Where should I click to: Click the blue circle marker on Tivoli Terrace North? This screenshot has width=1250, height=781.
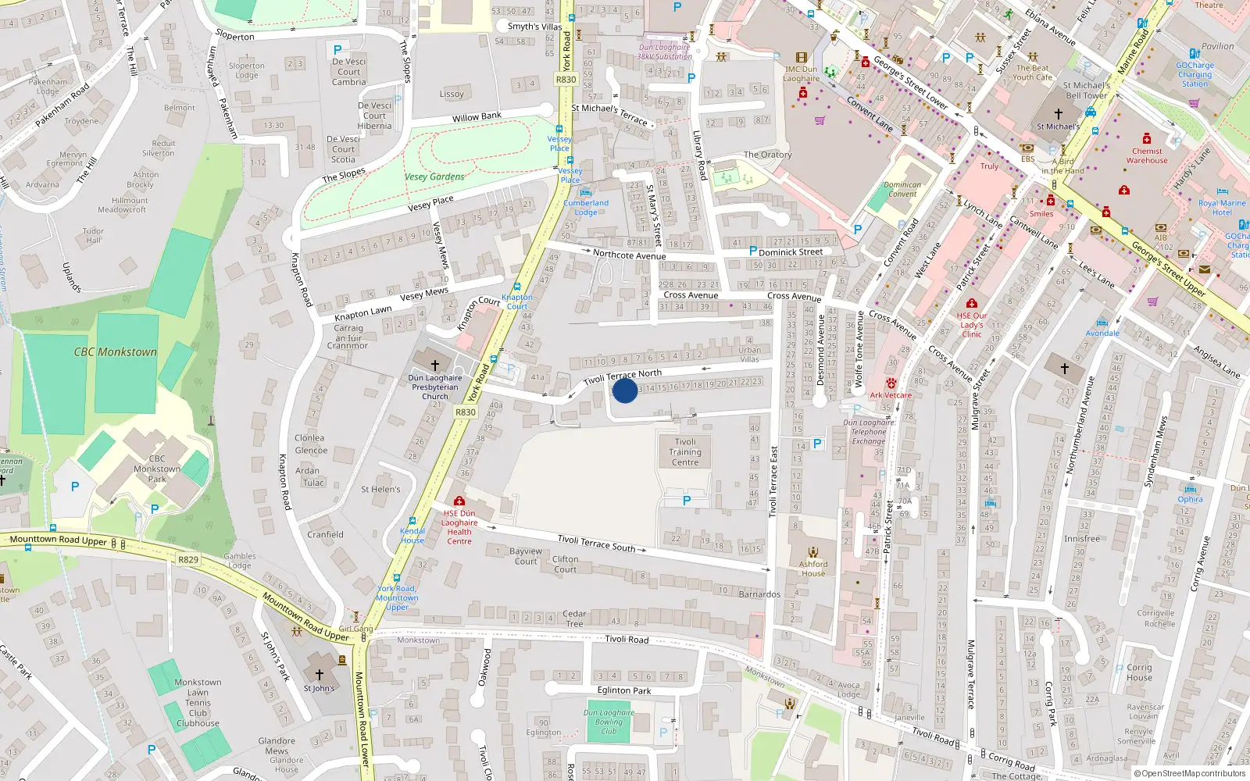625,390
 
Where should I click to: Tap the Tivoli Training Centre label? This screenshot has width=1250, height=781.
685,452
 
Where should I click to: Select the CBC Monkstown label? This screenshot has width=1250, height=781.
116,352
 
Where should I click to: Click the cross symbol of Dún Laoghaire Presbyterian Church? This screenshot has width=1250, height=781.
435,364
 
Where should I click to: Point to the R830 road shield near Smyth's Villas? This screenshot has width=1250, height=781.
566,80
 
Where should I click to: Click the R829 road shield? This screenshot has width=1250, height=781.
188,559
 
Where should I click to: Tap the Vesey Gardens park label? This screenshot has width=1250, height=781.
434,177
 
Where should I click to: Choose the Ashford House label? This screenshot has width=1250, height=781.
813,568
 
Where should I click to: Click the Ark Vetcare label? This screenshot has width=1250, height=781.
891,395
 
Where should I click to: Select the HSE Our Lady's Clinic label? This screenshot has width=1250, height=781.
972,325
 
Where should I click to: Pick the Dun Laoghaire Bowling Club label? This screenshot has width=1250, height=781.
609,722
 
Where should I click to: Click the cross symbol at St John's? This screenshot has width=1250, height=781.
319,674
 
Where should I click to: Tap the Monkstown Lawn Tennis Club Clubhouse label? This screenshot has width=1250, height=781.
198,703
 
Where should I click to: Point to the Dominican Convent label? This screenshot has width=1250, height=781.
902,190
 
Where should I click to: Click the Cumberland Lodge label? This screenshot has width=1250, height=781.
586,207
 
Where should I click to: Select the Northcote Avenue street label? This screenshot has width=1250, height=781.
629,255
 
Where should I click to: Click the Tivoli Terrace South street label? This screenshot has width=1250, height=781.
596,543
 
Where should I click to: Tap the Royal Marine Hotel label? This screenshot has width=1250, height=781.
1222,208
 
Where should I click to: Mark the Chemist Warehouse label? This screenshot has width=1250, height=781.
1147,156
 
